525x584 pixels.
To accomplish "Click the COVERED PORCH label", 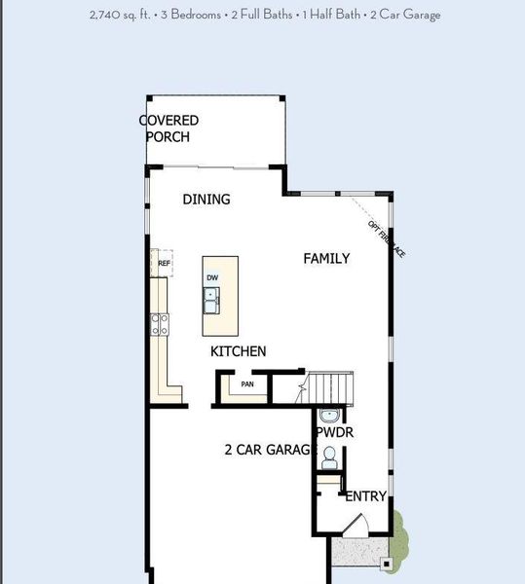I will click(x=169, y=128).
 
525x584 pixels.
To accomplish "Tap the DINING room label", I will click(x=206, y=200).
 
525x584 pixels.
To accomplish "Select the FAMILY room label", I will click(x=326, y=258).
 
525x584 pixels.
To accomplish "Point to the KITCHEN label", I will click(x=239, y=351).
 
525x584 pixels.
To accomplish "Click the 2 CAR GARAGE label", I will click(x=270, y=450).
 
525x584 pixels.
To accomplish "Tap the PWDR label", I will click(x=334, y=432).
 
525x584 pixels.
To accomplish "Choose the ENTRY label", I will click(x=366, y=496).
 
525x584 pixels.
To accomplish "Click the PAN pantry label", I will click(x=247, y=384).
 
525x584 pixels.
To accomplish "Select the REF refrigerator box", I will click(x=164, y=264).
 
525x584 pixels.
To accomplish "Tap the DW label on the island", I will click(x=212, y=277).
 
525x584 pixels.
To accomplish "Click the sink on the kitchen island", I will click(x=211, y=300).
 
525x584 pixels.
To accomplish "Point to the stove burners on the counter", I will click(x=160, y=323).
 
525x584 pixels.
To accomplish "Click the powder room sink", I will click(x=328, y=417).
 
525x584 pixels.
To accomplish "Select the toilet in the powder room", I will click(x=329, y=455).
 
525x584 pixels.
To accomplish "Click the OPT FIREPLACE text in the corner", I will click(x=386, y=238).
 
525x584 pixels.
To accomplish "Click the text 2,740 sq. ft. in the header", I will click(x=119, y=15).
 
